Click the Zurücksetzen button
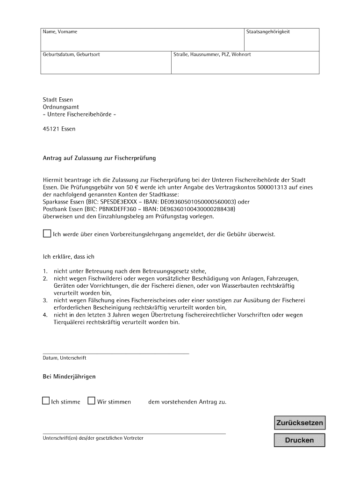pyautogui.click(x=300, y=423)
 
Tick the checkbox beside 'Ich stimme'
pyautogui.click(x=46, y=400)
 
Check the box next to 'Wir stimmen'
pyautogui.click(x=92, y=400)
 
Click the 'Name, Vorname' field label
pyautogui.click(x=60, y=32)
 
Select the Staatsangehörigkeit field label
pyautogui.click(x=268, y=32)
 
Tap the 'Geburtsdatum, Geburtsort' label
pyautogui.click(x=71, y=55)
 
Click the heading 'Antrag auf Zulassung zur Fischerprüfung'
pyautogui.click(x=99, y=158)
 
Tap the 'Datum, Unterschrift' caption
pyautogui.click(x=65, y=358)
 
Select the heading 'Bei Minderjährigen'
pyautogui.click(x=69, y=377)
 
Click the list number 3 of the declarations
pyautogui.click(x=45, y=300)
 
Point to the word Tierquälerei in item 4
pyautogui.click(x=69, y=322)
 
